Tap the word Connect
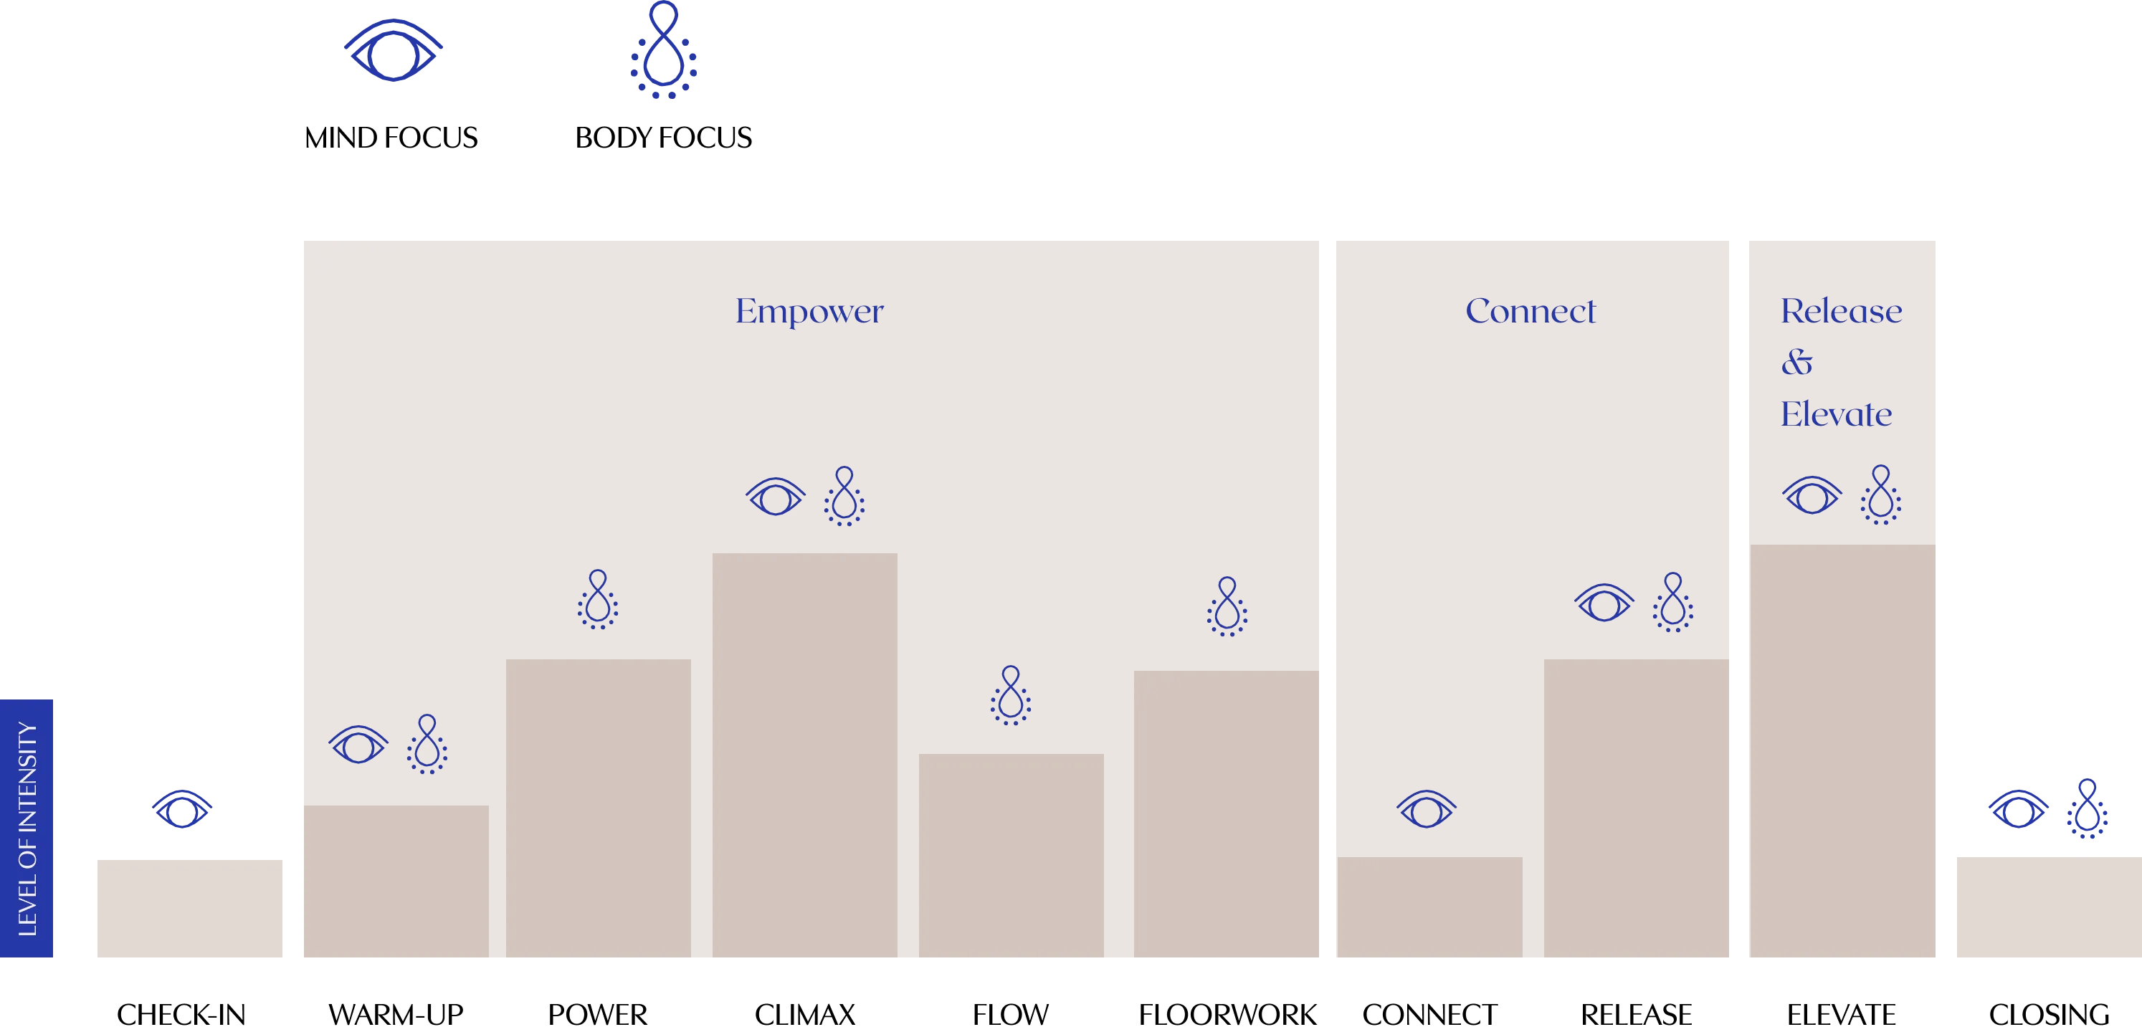[1530, 312]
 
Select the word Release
[1841, 312]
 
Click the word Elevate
[1836, 414]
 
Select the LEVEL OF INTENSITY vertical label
[27, 828]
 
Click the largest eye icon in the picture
[395, 50]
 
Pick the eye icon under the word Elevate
[1811, 496]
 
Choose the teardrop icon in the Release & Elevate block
[1880, 497]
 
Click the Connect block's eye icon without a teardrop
[1426, 808]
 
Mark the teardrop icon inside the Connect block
[1673, 603]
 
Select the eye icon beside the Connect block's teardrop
[1604, 603]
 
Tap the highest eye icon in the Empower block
[775, 497]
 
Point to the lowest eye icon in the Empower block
[358, 745]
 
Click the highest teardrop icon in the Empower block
[844, 497]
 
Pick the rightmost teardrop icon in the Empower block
[1227, 607]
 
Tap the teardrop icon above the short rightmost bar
[2086, 809]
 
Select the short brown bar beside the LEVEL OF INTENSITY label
[191, 908]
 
